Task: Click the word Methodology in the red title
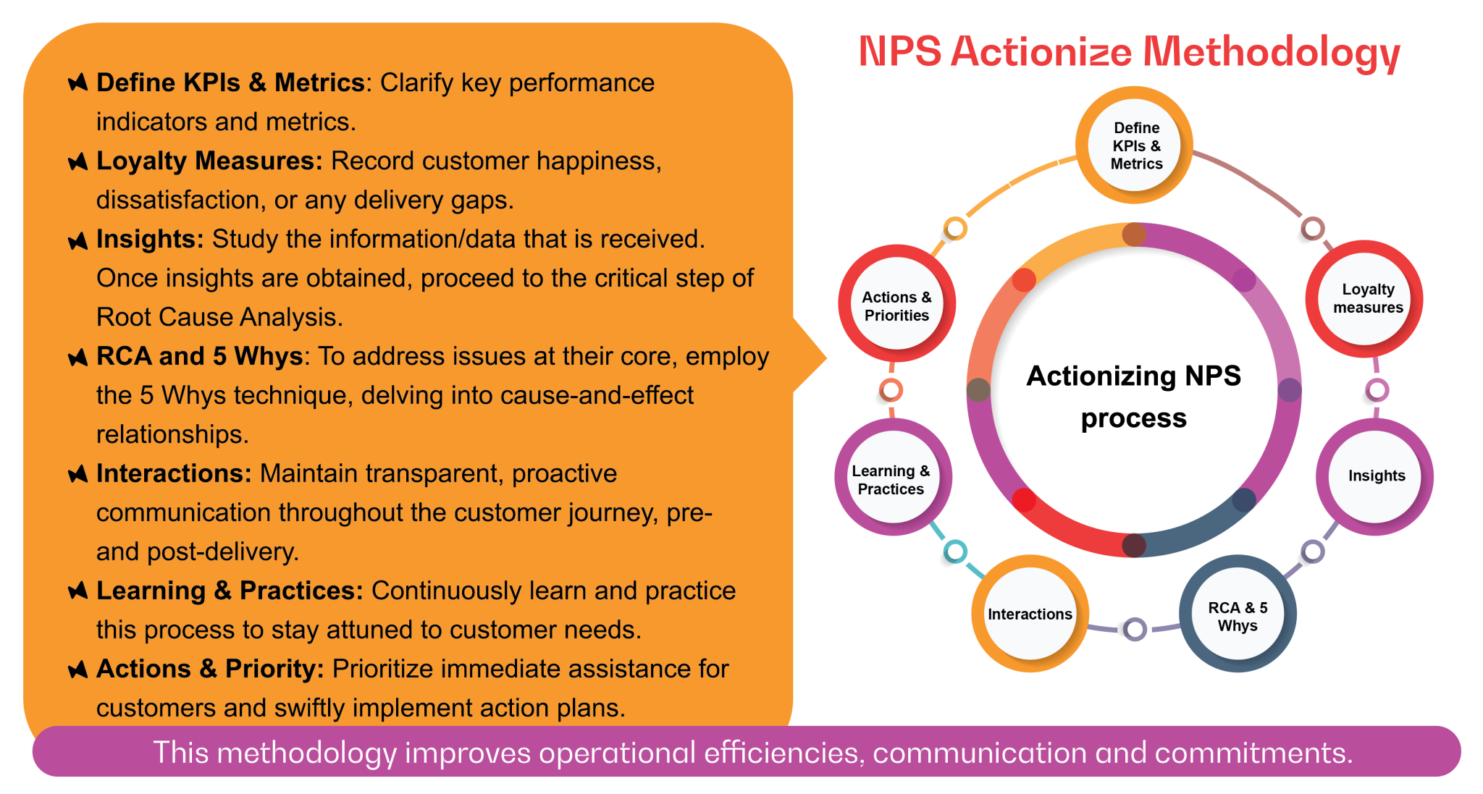1271,53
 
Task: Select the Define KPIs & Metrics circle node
1135,145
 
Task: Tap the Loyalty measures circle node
1366,298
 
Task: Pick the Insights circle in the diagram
1375,476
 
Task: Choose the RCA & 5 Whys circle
1238,615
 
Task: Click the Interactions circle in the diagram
1029,614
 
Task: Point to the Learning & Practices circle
891,479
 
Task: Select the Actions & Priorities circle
896,305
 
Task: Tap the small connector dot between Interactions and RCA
1135,629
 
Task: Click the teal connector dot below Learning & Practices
955,552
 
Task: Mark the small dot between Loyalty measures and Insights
1377,391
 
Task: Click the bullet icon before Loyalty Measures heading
77,161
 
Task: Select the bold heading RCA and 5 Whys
199,356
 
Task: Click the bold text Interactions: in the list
174,473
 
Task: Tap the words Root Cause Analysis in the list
217,317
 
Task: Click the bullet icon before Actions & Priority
77,670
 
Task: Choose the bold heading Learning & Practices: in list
229,591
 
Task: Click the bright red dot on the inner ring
1023,500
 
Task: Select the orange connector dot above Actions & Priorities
955,229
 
